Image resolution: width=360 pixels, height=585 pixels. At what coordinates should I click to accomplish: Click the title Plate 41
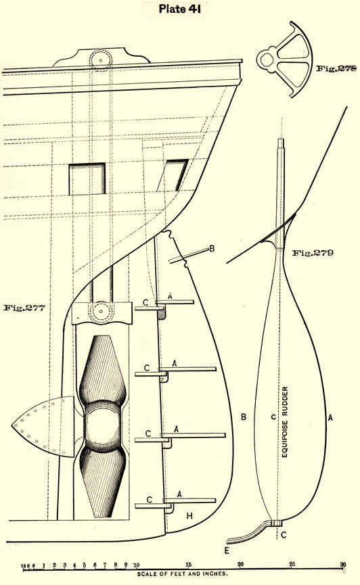(179, 9)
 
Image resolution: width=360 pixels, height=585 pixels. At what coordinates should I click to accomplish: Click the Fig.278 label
(336, 68)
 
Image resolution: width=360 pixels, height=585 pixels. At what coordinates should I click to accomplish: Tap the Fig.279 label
(313, 253)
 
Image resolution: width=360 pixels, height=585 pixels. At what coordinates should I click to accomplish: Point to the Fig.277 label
(24, 308)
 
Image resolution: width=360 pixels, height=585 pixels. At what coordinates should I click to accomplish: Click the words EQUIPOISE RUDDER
(285, 422)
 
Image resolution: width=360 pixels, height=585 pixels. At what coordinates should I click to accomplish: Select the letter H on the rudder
(189, 516)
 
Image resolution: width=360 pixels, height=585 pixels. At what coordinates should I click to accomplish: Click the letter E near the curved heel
(226, 551)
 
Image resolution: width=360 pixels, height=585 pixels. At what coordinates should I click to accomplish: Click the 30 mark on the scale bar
(343, 564)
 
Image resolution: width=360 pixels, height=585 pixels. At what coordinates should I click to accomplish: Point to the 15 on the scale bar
(189, 564)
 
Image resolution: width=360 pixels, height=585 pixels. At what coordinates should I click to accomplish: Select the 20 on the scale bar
(240, 564)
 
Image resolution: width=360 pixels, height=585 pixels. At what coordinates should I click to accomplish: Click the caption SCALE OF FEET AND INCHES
(182, 574)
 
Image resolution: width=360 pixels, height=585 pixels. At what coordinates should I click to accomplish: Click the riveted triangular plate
(43, 427)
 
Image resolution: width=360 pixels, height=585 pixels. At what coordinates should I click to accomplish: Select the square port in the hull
(87, 179)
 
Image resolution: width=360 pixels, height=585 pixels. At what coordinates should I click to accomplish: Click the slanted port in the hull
(174, 175)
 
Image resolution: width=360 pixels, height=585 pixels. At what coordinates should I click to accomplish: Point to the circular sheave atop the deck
(100, 60)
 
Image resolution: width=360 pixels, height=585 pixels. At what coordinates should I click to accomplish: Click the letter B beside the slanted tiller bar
(212, 248)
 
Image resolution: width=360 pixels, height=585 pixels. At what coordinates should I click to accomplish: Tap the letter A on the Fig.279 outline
(330, 418)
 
